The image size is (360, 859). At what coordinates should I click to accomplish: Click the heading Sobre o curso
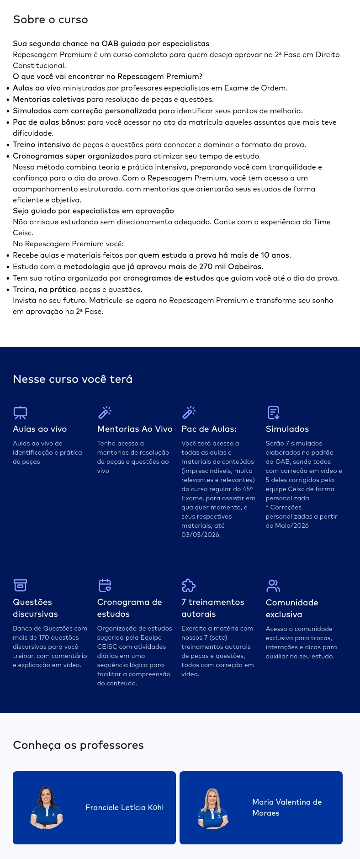[50, 20]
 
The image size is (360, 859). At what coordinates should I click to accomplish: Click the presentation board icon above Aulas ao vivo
[20, 413]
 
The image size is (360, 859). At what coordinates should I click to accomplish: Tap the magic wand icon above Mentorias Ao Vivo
[105, 413]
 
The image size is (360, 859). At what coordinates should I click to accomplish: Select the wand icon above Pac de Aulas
[189, 413]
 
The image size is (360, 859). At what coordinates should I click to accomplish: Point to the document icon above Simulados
[273, 413]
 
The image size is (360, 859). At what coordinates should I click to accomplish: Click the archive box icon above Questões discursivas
[20, 585]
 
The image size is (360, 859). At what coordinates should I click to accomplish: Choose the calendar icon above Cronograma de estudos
[105, 585]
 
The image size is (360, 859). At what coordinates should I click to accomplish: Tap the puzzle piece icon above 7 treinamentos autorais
[189, 585]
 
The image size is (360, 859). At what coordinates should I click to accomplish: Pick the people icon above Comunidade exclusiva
[273, 585]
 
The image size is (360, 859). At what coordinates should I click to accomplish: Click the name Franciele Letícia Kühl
[124, 807]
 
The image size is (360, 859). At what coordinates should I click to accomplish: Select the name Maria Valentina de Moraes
[287, 807]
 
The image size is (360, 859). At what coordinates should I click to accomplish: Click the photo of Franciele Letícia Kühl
[47, 807]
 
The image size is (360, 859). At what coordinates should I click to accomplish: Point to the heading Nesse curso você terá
[73, 379]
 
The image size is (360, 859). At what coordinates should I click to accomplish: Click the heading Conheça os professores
[78, 745]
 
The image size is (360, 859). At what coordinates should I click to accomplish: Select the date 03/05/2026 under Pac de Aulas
[201, 535]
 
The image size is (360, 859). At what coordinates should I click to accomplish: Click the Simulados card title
[287, 429]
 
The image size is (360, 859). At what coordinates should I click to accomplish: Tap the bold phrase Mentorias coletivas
[48, 100]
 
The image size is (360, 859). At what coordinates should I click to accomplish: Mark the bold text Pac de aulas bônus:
[49, 122]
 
